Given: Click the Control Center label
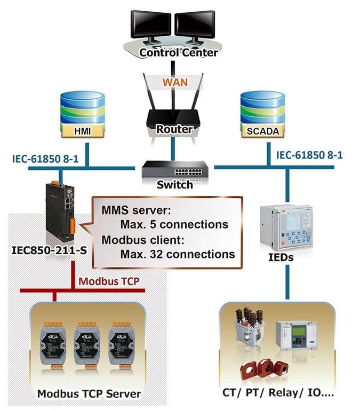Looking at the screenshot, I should coord(178,53).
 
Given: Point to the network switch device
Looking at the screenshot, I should coord(174,169).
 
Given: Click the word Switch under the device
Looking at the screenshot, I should coord(175,186).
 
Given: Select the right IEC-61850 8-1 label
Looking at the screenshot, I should coord(309,155).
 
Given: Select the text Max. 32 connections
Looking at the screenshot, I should coord(177,254).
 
